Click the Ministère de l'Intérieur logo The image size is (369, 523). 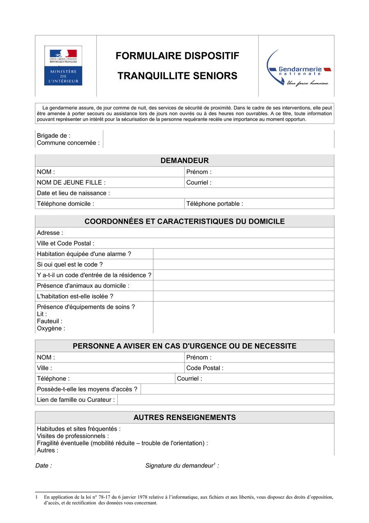tap(63, 66)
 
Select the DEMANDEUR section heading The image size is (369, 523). tap(184, 161)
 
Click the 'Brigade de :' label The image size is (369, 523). tap(54, 135)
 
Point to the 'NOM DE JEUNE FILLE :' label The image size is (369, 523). tap(71, 183)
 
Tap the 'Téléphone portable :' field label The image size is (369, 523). tap(214, 204)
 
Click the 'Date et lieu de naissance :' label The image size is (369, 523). tap(73, 193)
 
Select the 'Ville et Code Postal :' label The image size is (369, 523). tap(66, 243)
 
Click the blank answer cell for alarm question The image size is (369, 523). tap(244, 254)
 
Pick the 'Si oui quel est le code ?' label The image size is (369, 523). tap(70, 265)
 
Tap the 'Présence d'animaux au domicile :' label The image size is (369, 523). tap(83, 286)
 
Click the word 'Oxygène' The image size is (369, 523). tap(50, 328)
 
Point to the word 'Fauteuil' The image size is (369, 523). tap(48, 321)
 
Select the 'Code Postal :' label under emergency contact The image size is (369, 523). tap(205, 368)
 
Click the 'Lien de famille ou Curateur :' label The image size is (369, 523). tap(76, 399)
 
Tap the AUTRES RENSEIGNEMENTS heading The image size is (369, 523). tap(184, 417)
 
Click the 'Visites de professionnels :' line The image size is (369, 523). tap(73, 436)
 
